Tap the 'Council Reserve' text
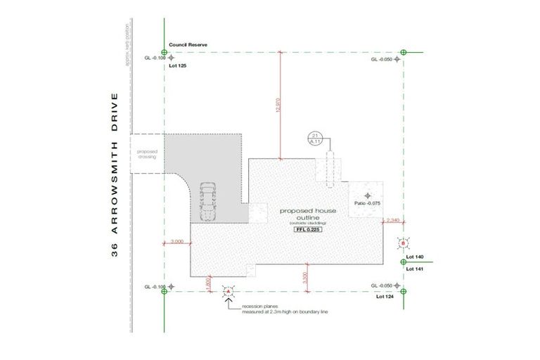pos(188,45)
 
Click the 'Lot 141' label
pos(413,269)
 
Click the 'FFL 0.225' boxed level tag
pos(307,230)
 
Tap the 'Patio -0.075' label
pos(368,203)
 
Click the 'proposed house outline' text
pos(307,214)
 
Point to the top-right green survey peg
pos(403,52)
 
